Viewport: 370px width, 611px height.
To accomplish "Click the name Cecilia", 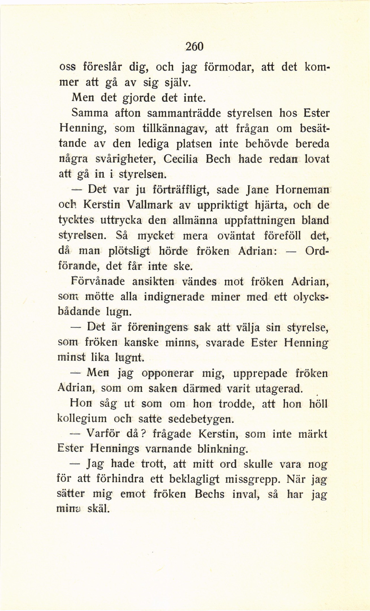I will pyautogui.click(x=181, y=159).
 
